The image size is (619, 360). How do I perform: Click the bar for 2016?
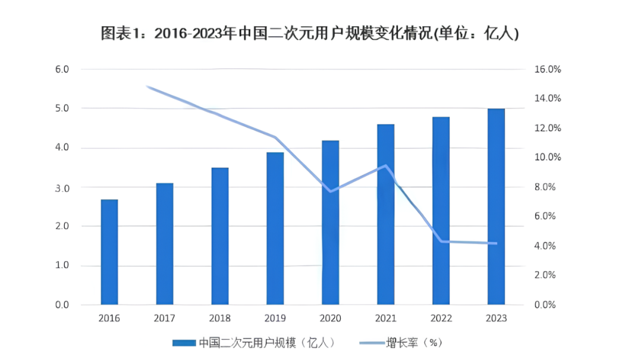pyautogui.click(x=109, y=252)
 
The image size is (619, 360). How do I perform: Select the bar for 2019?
pyautogui.click(x=275, y=229)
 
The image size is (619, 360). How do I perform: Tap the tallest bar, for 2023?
pyautogui.click(x=496, y=207)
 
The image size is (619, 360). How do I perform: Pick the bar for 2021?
pyautogui.click(x=385, y=215)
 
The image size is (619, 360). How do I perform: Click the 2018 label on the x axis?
pyautogui.click(x=219, y=318)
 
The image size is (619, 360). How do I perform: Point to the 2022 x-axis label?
pyautogui.click(x=441, y=318)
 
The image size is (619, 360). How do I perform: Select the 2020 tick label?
pyautogui.click(x=330, y=318)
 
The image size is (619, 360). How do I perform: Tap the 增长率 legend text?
pyautogui.click(x=402, y=343)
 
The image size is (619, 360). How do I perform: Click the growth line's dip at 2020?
pyautogui.click(x=331, y=191)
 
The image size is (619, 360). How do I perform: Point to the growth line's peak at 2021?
pyautogui.click(x=386, y=166)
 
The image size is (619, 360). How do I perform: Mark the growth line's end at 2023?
pyautogui.click(x=496, y=243)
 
